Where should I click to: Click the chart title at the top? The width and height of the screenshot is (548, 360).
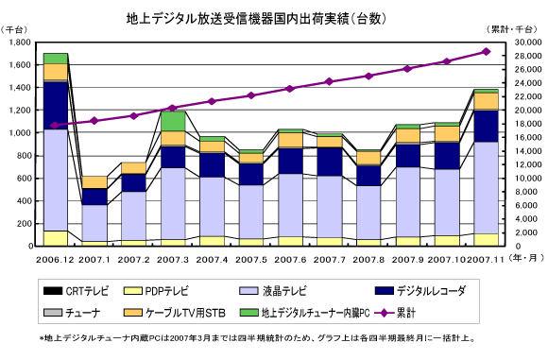coord(256,19)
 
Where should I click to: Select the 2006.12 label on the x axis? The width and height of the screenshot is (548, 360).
coord(55,260)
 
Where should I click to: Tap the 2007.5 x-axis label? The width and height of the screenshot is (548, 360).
coord(251,260)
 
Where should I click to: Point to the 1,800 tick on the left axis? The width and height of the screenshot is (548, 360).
coord(20,43)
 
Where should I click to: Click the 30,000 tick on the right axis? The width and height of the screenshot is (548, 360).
coord(528,43)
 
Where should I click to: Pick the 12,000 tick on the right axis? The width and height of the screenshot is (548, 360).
coord(528,164)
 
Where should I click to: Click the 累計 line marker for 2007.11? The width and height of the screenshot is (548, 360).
coord(487,52)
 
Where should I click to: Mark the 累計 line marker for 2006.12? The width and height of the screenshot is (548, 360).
coord(55,125)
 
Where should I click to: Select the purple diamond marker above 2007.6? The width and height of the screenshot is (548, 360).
coord(290,89)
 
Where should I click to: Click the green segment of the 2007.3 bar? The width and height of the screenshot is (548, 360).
coord(173,121)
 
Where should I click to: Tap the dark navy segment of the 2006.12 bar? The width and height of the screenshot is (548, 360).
coord(55,106)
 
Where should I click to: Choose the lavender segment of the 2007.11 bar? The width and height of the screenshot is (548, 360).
coord(487,188)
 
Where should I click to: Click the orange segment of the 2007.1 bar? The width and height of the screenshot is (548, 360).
coord(94,182)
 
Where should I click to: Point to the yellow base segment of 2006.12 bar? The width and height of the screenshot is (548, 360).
coord(55,238)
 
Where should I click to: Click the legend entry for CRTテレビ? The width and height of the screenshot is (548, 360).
coord(76,291)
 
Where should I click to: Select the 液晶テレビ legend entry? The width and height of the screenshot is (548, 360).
coord(273,291)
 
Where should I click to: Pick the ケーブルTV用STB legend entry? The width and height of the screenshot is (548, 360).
coord(175,313)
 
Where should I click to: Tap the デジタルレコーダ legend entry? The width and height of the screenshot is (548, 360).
coord(420,291)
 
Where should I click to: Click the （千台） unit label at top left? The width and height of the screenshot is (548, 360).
coord(13,29)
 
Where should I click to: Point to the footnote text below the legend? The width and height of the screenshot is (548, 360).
coord(257,338)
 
